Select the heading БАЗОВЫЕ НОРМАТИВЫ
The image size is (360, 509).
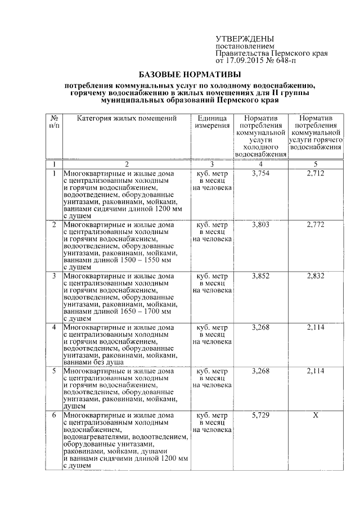(190, 74)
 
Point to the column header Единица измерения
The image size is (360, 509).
(212, 122)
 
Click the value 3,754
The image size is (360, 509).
(262, 174)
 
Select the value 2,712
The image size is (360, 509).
(316, 174)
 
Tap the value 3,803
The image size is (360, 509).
(262, 225)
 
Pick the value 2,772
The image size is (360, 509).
(316, 225)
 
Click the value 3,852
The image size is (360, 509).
(262, 276)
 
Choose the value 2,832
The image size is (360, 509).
(316, 276)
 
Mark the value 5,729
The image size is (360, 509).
(262, 415)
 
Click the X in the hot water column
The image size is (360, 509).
(316, 415)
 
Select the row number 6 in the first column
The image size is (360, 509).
(54, 415)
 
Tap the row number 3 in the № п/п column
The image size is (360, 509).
(54, 276)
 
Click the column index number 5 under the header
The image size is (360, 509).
(316, 164)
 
